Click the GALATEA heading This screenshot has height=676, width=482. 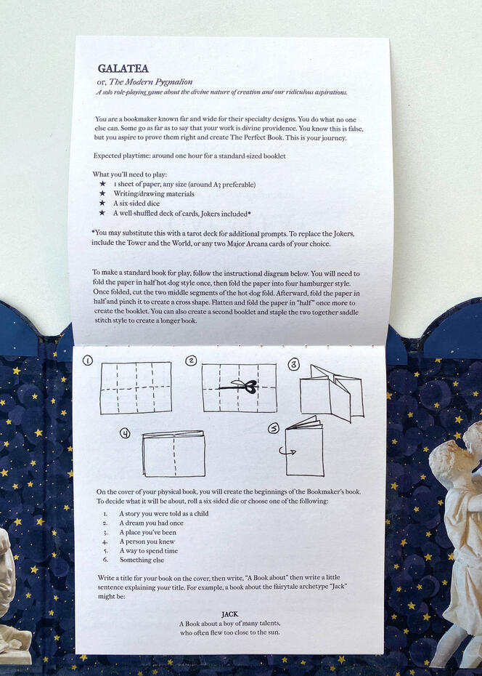[123, 68]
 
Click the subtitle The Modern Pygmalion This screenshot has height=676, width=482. [151, 81]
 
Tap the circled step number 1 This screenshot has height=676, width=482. [88, 361]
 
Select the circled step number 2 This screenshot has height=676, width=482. [191, 361]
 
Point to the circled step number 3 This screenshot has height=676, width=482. [293, 365]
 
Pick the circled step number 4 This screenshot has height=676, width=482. [125, 433]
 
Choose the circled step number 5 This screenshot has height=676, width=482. [274, 429]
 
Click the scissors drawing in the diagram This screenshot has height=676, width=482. [245, 386]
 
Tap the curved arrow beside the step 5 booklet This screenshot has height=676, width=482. [287, 451]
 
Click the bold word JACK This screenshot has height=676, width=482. [230, 614]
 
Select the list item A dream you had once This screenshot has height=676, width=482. [152, 523]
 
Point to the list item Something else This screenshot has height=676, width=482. [142, 560]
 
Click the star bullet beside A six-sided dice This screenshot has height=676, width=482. [102, 203]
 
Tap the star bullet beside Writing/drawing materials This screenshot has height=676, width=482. [102, 193]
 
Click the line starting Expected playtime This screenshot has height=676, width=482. [189, 156]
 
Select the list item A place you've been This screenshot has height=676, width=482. [148, 532]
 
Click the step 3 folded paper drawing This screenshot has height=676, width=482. [332, 393]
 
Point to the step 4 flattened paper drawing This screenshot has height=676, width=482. [173, 454]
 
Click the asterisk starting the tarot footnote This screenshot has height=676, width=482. [93, 232]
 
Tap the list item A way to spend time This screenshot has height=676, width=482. [149, 551]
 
